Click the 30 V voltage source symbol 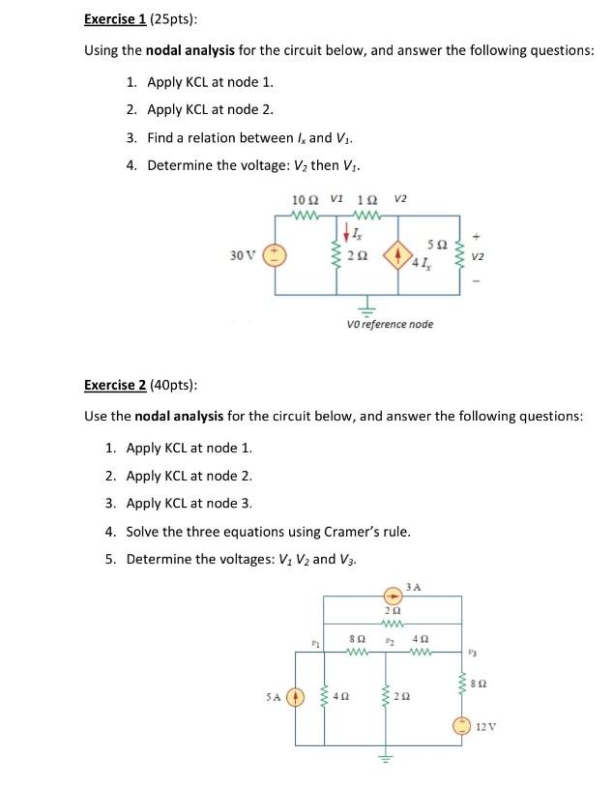click(276, 255)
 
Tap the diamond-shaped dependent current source click(398, 257)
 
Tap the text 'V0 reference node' click(389, 324)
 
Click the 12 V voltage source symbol click(465, 724)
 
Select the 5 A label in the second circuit click(274, 692)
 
